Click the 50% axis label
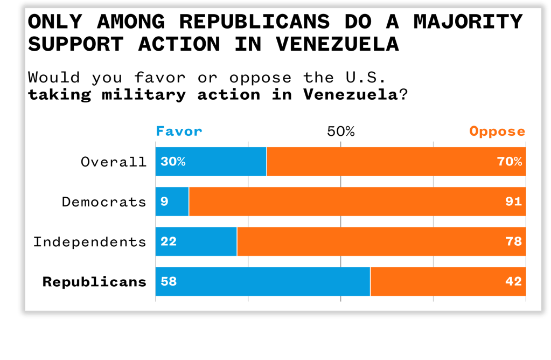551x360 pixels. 341,131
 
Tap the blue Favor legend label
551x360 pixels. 179,131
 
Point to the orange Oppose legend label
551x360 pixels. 497,131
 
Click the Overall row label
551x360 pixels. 114,162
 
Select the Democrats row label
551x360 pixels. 104,202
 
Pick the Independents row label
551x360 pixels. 90,241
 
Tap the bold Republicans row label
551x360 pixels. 94,281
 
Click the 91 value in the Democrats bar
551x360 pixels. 514,202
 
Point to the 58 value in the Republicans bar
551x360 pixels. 169,281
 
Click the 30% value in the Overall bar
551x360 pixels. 173,162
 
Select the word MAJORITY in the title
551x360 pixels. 468,22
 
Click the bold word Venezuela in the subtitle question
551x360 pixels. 350,95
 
